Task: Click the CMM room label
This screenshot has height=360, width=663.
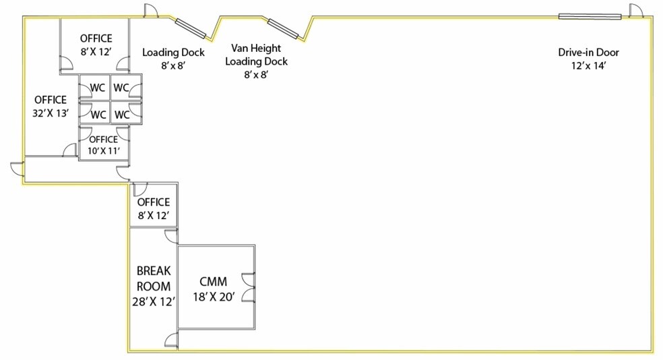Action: (213, 281)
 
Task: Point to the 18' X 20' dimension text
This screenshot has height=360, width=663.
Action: (214, 297)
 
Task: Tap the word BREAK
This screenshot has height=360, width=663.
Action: (154, 271)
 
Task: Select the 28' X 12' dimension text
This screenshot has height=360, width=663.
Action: (154, 301)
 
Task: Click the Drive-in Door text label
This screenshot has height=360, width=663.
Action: (589, 53)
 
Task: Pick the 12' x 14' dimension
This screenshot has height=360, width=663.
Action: (589, 65)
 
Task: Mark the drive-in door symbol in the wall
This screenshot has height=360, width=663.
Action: (590, 16)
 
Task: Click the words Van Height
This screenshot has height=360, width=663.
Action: (256, 48)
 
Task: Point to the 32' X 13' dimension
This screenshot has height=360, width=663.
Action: (51, 113)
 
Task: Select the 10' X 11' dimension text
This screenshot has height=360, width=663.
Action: (104, 150)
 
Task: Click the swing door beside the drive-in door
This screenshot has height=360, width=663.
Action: (635, 11)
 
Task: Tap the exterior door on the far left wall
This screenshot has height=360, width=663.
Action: (18, 169)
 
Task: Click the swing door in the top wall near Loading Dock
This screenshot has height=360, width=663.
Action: (151, 11)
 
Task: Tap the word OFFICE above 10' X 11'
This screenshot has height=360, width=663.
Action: (104, 140)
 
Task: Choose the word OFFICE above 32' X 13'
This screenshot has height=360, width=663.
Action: (51, 100)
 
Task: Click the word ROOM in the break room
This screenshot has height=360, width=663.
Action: (154, 287)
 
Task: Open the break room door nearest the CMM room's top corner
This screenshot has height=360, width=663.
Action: (171, 236)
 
